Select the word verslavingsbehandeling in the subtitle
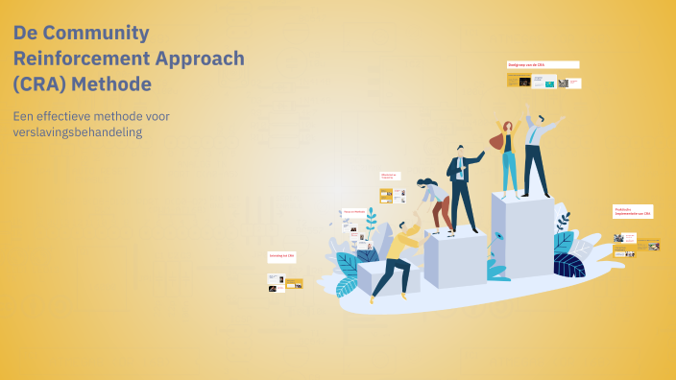[x=78, y=132]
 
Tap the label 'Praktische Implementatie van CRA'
[x=633, y=211]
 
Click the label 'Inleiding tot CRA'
[x=281, y=256]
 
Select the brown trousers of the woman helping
[x=441, y=212]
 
